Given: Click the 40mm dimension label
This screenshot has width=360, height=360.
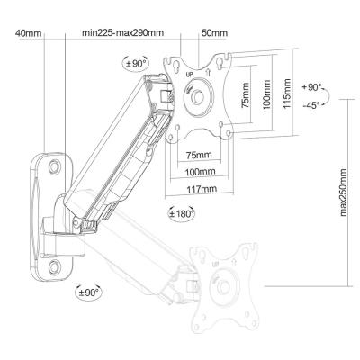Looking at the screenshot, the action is coord(29,32).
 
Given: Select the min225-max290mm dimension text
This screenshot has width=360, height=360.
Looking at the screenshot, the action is coord(123,32).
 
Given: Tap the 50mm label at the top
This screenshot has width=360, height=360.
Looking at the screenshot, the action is coord(214,32).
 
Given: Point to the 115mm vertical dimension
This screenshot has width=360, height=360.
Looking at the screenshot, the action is coord(287,94).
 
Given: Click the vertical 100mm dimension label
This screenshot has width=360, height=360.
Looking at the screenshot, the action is coord(267,94).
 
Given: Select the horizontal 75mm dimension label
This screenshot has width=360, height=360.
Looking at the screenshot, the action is coord(199,155).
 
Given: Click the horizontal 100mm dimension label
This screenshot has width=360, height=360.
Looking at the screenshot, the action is coord(200,172).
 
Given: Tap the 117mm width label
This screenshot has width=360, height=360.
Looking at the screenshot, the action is coord(202,190).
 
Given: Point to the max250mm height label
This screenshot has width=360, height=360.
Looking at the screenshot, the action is coord(343,193).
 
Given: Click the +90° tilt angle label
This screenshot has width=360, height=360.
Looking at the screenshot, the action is coord(311,87).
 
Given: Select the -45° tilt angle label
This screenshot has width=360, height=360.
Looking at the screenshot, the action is coord(311,105).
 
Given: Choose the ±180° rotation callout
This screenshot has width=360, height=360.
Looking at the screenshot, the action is coord(181,213).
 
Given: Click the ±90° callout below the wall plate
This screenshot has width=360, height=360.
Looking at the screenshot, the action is coord(88,292).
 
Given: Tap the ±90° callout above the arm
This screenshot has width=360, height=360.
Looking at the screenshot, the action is coord(135,63).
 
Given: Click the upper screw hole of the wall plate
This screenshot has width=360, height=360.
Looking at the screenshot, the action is coord(55,166).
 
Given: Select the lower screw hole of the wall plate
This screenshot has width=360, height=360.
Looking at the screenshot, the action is coord(55,266).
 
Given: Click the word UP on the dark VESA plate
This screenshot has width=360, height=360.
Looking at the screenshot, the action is coord(189,74).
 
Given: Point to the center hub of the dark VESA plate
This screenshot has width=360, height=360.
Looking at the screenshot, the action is coord(198,96).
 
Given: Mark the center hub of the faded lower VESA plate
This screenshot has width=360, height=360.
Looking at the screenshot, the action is coord(223,287).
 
